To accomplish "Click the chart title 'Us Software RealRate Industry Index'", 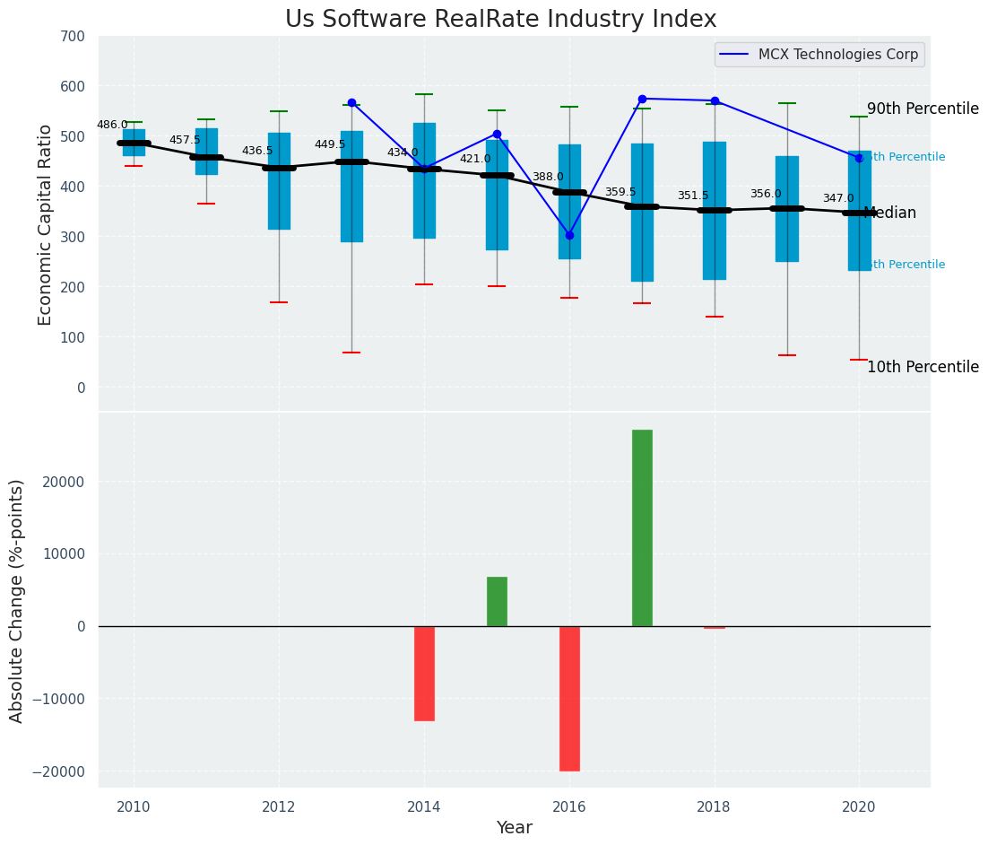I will coord(500,20).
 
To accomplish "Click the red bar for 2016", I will coord(569,698).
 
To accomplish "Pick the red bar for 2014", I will coord(424,673).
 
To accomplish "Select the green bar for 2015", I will coord(497,601).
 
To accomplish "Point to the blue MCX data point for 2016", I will coord(569,235).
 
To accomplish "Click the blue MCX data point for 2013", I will coord(351,103).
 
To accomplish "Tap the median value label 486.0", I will coord(112,126).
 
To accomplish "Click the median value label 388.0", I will coord(548,178).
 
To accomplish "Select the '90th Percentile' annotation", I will coord(923,109).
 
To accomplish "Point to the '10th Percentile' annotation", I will coord(923,368).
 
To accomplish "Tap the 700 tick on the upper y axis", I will coord(72,37).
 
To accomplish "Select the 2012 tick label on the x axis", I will coord(279,806).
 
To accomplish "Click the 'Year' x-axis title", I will coord(515,828).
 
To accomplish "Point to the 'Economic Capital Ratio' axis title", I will coord(46,224).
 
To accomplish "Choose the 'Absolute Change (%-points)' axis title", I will coord(17,600).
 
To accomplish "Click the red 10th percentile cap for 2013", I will coord(351,353).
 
